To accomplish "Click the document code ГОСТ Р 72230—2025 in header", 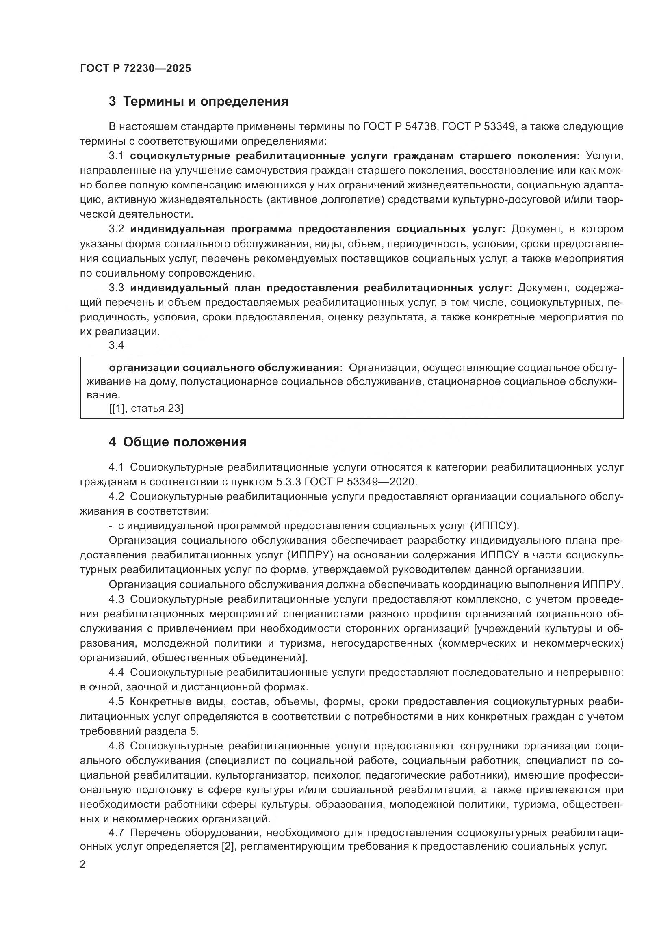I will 135,69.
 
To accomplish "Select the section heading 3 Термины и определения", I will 199,102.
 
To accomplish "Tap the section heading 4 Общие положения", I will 178,442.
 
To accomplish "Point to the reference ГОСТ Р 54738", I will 400,127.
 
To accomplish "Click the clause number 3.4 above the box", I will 116,345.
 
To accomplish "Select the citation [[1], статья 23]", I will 146,408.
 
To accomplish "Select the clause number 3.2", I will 116,229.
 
